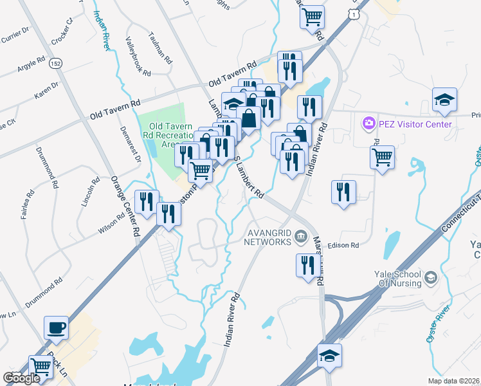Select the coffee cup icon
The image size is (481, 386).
pyautogui.click(x=56, y=327)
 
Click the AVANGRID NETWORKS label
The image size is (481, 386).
pyautogui.click(x=268, y=237)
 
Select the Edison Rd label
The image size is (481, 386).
pyautogui.click(x=343, y=245)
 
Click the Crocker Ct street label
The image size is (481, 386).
pyautogui.click(x=63, y=36)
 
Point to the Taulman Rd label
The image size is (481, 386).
pyautogui.click(x=159, y=48)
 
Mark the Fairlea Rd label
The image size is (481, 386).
pyautogui.click(x=28, y=203)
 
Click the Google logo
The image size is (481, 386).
pyautogui.click(x=21, y=378)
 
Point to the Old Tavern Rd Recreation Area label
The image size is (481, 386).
pyautogui.click(x=171, y=135)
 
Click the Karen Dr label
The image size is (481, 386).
pyautogui.click(x=47, y=90)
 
